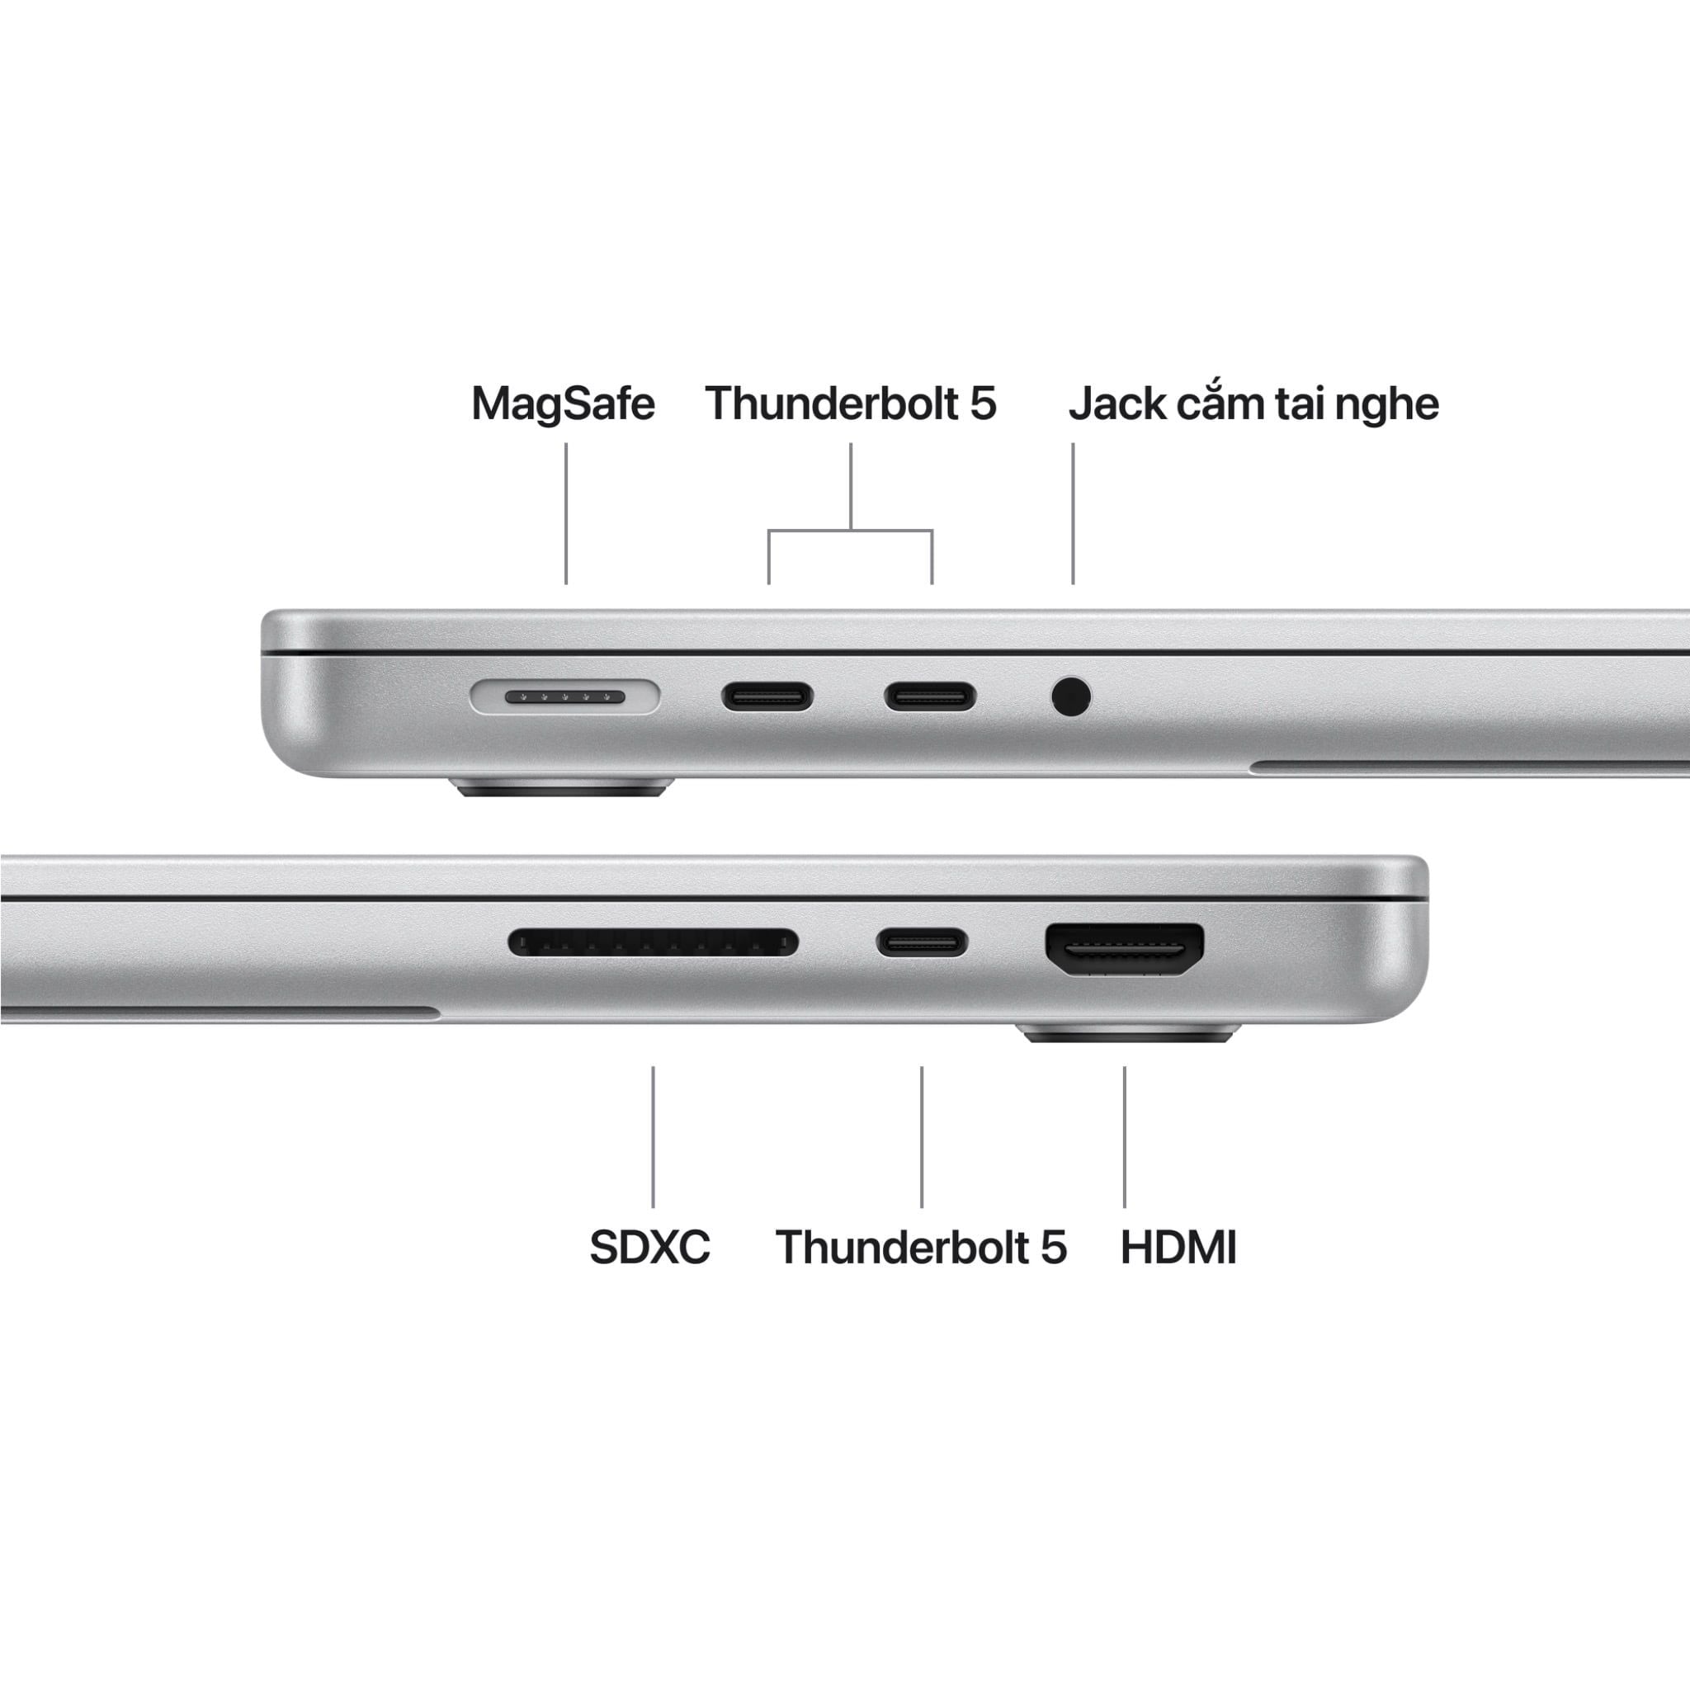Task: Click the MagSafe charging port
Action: [x=564, y=697]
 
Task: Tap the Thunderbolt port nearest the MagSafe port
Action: [x=767, y=697]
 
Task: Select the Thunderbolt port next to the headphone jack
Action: [x=930, y=697]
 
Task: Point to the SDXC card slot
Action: [x=653, y=943]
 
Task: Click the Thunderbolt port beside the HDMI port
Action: [x=922, y=943]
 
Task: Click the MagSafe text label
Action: [x=563, y=404]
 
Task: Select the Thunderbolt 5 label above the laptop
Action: [x=850, y=404]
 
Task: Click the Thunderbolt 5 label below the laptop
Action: [x=921, y=1247]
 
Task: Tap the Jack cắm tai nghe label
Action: [x=1253, y=404]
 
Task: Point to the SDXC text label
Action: [x=649, y=1247]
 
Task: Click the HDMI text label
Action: [x=1178, y=1247]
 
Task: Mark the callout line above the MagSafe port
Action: [x=566, y=512]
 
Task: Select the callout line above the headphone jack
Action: [x=1073, y=512]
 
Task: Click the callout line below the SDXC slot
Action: [x=653, y=1136]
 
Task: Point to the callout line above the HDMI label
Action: [x=1124, y=1136]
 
